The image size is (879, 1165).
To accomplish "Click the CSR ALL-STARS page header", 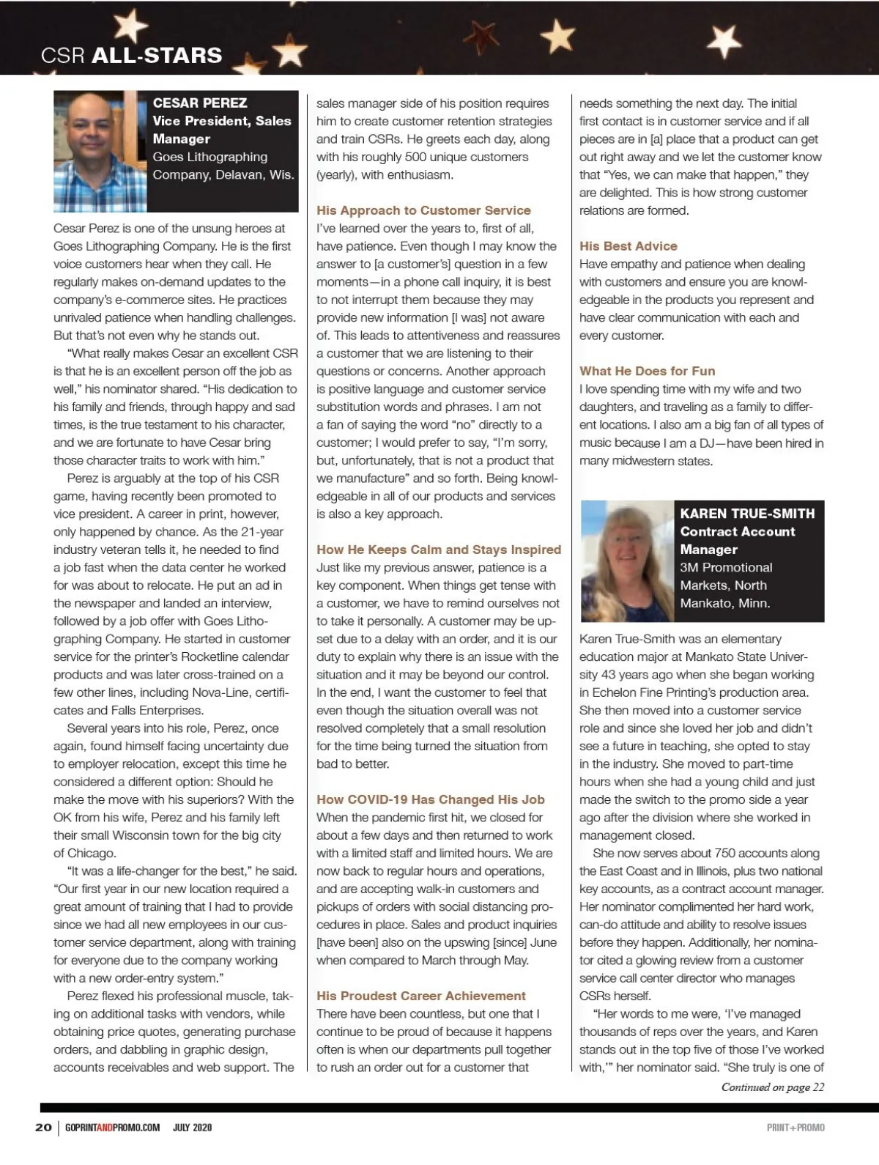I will tap(132, 55).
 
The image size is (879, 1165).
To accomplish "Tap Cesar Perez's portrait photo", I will tap(100, 151).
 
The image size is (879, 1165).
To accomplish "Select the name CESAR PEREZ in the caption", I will tap(200, 103).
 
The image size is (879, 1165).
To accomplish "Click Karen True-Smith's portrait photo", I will tap(627, 561).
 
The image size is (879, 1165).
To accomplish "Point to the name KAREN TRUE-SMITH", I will tap(747, 514).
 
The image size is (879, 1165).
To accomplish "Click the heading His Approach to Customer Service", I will tap(423, 210).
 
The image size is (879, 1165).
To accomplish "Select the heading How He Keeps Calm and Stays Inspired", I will tap(439, 550).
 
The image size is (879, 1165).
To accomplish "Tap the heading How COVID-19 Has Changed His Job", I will tap(431, 799).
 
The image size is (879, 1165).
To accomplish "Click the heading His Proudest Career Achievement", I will tap(421, 996).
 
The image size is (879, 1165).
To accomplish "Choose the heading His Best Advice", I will tap(628, 246).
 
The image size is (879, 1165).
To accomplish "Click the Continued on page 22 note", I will tap(773, 1087).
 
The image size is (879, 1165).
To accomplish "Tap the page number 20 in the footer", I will tap(43, 1127).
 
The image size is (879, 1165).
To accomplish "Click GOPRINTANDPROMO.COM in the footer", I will tap(112, 1127).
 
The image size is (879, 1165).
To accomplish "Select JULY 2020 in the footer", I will tap(192, 1127).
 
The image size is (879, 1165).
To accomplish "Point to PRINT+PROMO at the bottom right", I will tap(795, 1127).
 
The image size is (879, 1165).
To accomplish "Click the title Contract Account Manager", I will tap(737, 540).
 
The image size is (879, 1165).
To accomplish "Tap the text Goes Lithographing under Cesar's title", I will tap(210, 157).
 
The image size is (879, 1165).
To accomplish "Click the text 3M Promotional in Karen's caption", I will tap(726, 567).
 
